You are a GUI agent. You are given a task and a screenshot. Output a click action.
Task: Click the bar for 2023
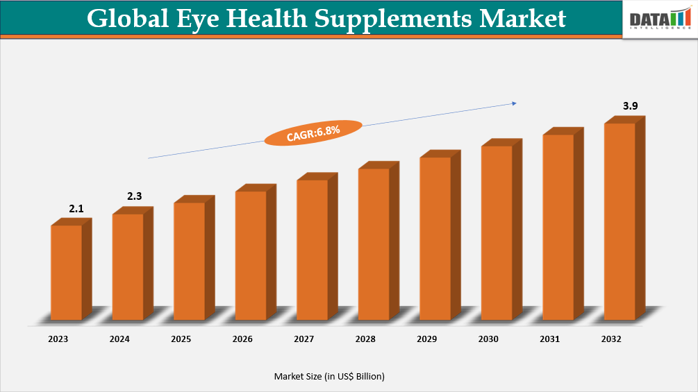67,272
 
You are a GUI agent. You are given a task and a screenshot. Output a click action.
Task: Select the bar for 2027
312,250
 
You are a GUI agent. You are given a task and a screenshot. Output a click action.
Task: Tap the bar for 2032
620,221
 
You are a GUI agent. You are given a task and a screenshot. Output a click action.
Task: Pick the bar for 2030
497,232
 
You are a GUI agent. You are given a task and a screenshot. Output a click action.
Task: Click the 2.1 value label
76,208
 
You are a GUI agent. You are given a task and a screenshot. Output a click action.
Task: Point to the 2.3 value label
135,196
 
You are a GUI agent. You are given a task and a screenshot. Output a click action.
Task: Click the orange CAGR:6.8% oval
313,132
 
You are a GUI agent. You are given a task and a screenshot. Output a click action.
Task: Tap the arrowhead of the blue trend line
514,103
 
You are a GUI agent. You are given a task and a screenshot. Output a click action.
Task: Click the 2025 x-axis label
181,339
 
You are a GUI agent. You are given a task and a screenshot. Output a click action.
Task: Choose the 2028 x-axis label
365,339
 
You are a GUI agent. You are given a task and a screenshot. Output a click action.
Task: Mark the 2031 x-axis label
550,339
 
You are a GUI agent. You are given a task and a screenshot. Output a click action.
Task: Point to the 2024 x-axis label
119,339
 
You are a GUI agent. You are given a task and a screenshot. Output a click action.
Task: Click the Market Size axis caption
329,376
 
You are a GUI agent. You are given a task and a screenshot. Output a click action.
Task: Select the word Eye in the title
203,19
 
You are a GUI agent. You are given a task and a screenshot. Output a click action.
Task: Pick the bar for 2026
251,255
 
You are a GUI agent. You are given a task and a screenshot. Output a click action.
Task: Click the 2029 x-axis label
427,339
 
